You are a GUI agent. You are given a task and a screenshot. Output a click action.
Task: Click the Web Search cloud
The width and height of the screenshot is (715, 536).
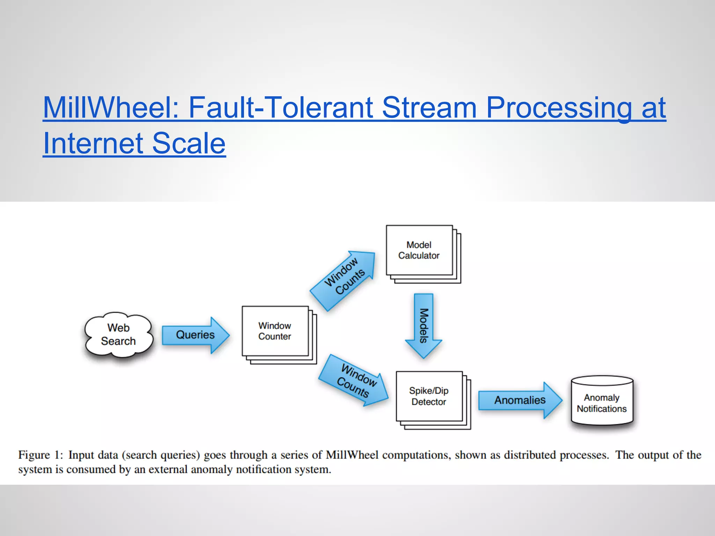(119, 335)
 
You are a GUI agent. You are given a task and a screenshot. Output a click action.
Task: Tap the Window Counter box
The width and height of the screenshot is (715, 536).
(275, 331)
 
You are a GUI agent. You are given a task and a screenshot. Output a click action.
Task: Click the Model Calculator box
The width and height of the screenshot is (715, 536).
(419, 250)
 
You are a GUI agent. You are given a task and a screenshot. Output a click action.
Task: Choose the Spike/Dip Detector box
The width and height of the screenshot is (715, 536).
(429, 396)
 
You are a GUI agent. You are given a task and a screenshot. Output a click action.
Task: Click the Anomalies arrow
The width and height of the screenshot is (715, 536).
(519, 400)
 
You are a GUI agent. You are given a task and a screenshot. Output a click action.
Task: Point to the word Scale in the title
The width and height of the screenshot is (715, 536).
(189, 143)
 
